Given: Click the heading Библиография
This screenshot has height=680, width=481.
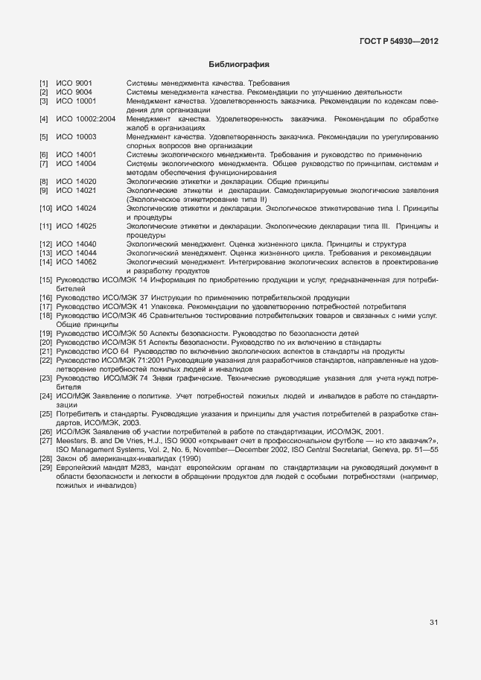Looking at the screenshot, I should tap(239, 65).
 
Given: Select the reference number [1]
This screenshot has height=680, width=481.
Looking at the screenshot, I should tap(44, 83).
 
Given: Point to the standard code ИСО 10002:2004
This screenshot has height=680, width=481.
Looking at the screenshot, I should tap(86, 118).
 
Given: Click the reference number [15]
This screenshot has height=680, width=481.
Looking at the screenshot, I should tap(45, 280).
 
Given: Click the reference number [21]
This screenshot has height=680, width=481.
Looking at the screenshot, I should tap(45, 352).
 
